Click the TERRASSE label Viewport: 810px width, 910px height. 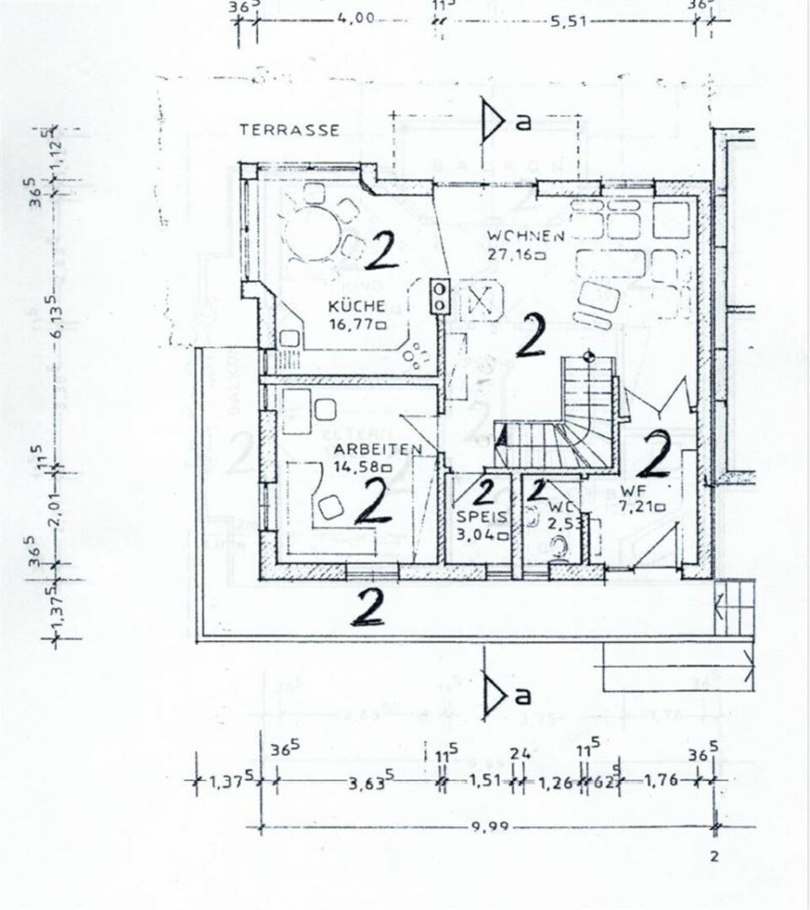pos(289,130)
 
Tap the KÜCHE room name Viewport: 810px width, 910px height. pos(357,306)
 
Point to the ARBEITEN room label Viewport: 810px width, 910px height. pos(354,449)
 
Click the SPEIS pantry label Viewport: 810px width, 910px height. pos(476,517)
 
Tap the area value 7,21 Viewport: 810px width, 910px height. pos(639,506)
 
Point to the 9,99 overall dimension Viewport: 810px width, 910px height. pos(486,827)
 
